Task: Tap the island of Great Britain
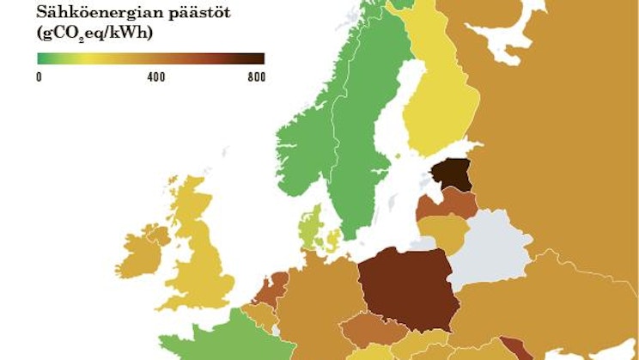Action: tap(206, 258)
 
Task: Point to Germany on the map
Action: tap(318, 301)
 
